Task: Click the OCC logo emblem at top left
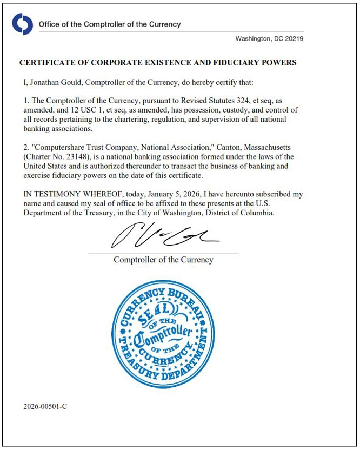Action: tap(23, 24)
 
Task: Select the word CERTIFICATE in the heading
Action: tap(45, 63)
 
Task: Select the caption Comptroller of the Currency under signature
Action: tap(163, 260)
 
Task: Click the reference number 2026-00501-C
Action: tap(45, 405)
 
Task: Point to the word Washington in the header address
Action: tap(254, 39)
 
